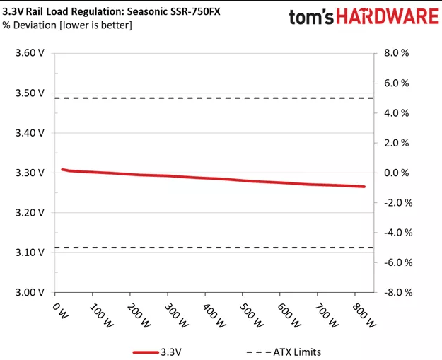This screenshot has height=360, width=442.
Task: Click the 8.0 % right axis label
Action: pos(395,53)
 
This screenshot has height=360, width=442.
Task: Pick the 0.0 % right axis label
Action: pos(395,173)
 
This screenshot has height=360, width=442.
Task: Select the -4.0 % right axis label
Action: pos(394,233)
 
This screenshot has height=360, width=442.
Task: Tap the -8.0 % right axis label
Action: pos(394,292)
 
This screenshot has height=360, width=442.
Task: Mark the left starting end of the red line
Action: pos(62,170)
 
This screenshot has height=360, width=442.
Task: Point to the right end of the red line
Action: pos(364,187)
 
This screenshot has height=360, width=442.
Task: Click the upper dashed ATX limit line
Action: pos(212,98)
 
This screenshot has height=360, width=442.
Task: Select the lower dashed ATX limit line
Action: pos(212,248)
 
